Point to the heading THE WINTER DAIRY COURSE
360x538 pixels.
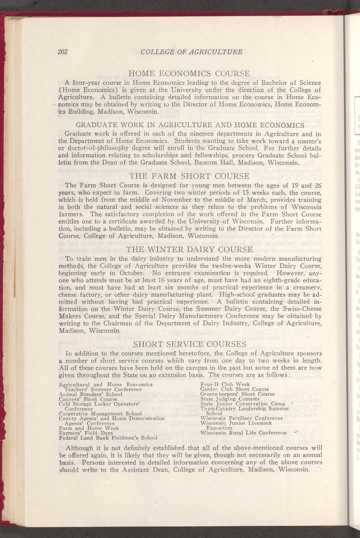click(190, 249)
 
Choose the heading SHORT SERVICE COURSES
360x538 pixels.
click(190, 344)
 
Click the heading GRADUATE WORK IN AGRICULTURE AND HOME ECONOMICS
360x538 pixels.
click(190, 125)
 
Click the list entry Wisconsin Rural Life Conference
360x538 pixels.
click(243, 433)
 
